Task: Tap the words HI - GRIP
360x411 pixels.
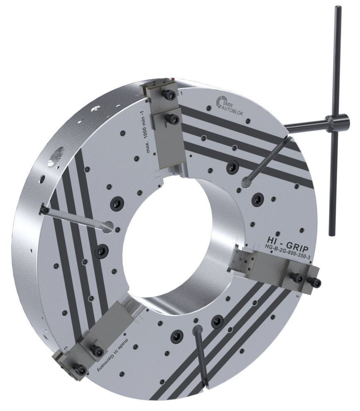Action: (285, 240)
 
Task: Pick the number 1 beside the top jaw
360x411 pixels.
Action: (181, 95)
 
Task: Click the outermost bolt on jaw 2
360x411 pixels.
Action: (317, 283)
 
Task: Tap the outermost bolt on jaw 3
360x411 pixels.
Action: (79, 369)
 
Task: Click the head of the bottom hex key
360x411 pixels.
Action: (197, 330)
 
